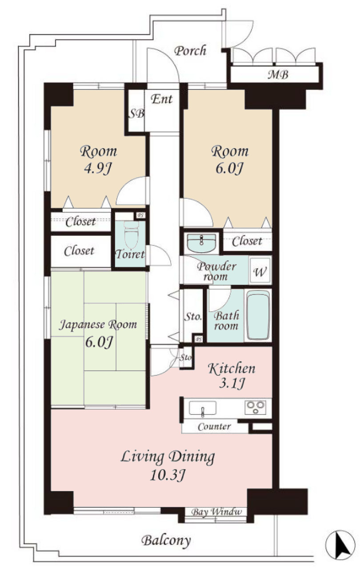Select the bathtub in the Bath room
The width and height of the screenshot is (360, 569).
tap(258, 315)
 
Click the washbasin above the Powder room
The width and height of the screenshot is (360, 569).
tap(201, 243)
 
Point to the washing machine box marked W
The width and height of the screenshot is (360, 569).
tap(260, 271)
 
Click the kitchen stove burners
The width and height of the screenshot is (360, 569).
tap(255, 407)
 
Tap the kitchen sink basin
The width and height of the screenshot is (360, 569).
tap(203, 408)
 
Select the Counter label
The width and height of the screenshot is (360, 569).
tap(214, 426)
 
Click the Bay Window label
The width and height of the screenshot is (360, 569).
tap(216, 512)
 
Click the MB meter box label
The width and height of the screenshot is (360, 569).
tap(278, 75)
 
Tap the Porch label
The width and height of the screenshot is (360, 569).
tap(190, 51)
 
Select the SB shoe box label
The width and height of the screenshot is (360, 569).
tap(136, 113)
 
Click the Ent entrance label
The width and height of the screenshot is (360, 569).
tap(162, 99)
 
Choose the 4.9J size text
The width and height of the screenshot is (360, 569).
tap(98, 168)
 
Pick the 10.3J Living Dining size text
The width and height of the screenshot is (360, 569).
tap(167, 474)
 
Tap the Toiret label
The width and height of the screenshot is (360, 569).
tap(130, 254)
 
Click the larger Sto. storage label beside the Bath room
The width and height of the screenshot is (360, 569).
tap(193, 317)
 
